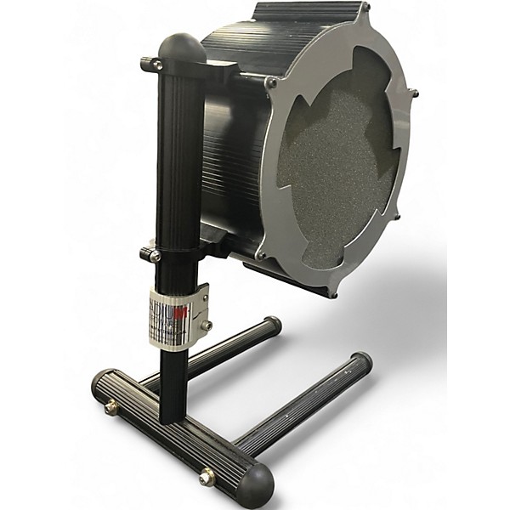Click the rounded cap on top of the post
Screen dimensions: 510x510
[182, 48]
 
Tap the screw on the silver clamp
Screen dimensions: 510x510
[206, 325]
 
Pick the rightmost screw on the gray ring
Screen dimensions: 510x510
[413, 93]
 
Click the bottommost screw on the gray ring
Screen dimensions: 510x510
[333, 294]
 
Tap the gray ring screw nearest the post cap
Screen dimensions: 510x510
[270, 82]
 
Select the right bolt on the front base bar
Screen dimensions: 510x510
[207, 477]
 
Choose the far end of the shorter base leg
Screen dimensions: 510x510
[272, 325]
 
